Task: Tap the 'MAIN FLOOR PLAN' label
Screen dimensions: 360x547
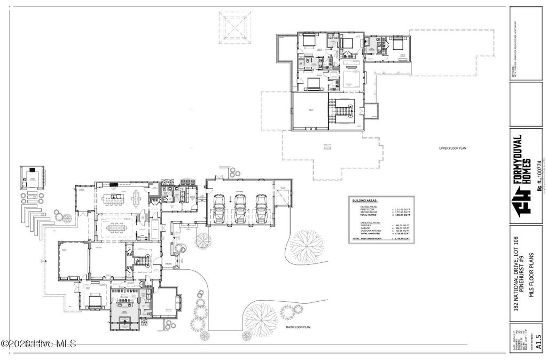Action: click(298, 327)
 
